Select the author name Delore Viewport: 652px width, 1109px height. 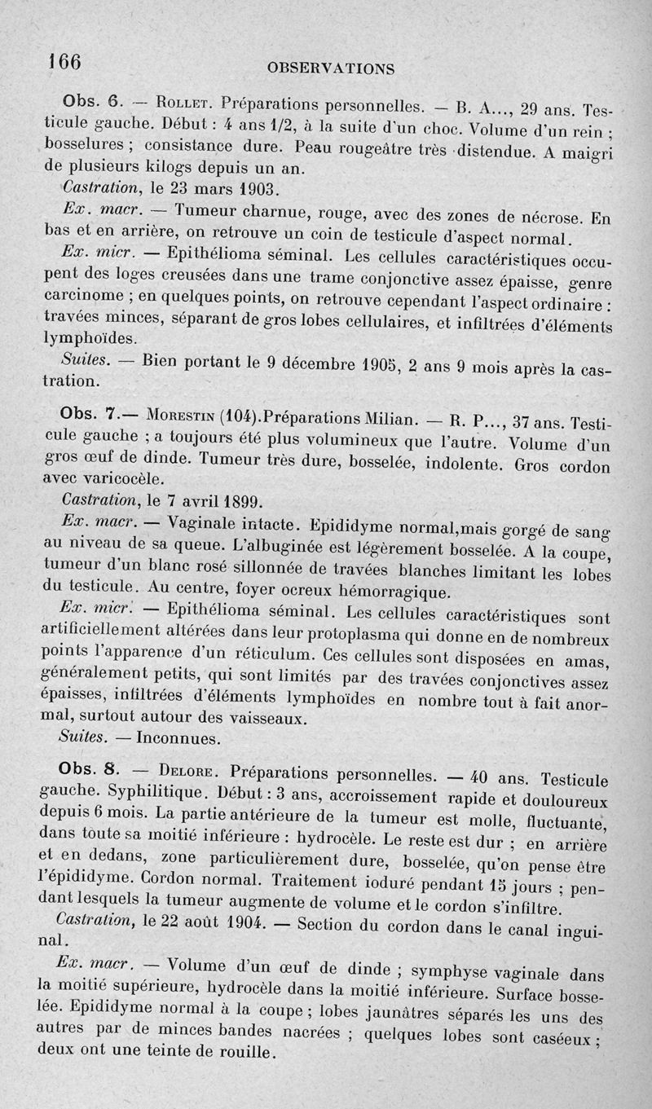coord(191,771)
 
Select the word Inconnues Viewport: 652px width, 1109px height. coord(178,739)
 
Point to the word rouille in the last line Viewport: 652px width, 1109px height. coord(242,1052)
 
